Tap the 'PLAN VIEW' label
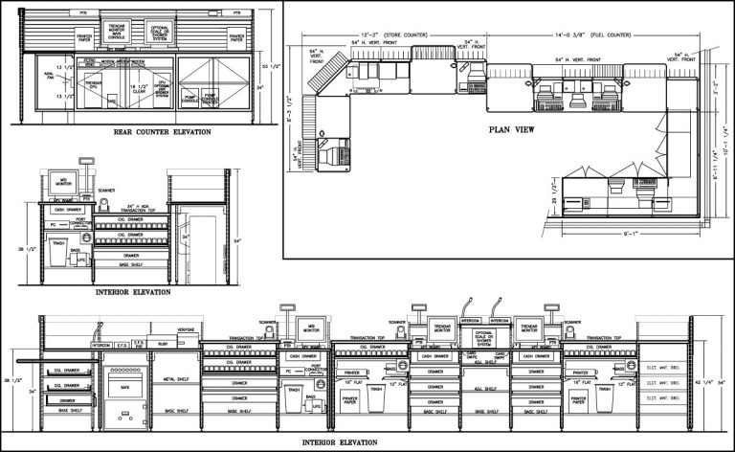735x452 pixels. point(511,129)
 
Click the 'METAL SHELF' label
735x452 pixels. point(176,367)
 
